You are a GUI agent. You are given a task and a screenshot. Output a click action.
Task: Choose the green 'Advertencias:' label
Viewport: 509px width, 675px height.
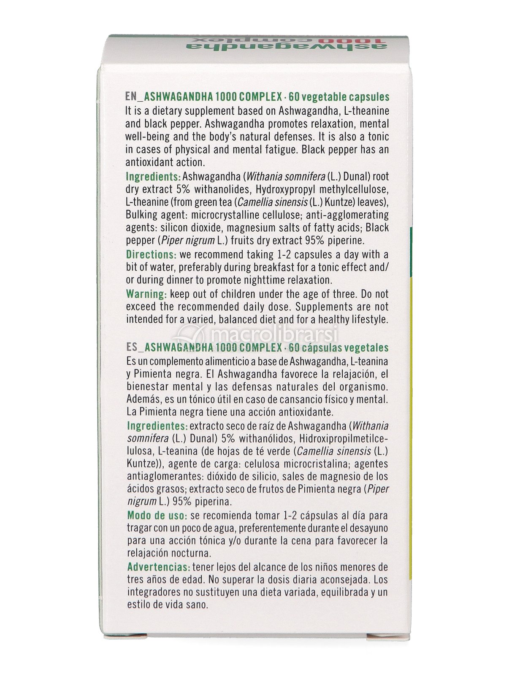158,567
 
